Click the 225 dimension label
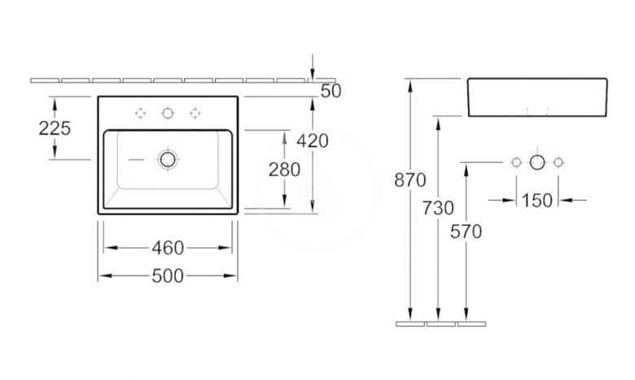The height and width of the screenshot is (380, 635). (x=55, y=129)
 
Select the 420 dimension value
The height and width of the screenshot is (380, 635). (x=313, y=141)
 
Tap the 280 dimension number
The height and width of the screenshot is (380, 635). (x=284, y=170)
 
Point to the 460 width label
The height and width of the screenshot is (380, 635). (x=168, y=248)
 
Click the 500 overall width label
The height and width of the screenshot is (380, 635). (x=168, y=276)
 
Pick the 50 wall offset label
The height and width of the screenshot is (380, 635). (x=331, y=91)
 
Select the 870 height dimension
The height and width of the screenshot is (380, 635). (x=410, y=180)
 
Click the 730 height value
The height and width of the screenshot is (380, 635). (x=438, y=208)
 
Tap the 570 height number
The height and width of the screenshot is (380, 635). (x=466, y=232)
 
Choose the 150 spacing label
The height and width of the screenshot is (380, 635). (x=537, y=201)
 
